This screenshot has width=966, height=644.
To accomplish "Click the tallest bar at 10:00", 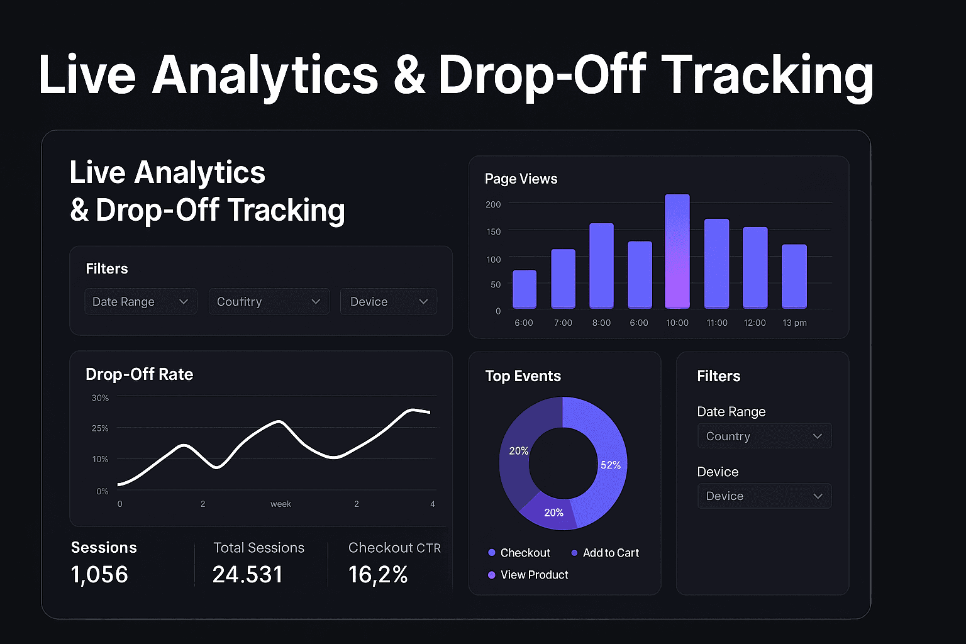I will (x=677, y=252).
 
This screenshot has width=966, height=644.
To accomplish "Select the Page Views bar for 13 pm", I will (x=794, y=277).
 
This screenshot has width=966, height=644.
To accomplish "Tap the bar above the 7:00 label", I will (x=563, y=279).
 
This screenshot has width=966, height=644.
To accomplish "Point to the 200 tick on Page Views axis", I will (x=493, y=204).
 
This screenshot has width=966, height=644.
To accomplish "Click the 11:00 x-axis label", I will (x=716, y=323).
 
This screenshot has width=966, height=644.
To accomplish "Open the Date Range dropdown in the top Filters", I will (x=140, y=302).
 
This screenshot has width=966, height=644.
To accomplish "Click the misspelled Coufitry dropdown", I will (x=269, y=302).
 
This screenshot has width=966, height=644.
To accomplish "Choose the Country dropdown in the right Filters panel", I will (x=764, y=436).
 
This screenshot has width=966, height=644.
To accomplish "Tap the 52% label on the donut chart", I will (x=610, y=465).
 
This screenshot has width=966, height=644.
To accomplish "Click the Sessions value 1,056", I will (x=99, y=574).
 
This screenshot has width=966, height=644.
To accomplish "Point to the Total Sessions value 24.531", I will (x=248, y=574).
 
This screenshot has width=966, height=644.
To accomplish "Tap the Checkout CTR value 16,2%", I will (x=378, y=574).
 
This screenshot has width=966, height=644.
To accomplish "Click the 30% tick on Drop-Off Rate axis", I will (x=100, y=398).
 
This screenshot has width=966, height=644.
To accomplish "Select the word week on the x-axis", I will (x=280, y=504).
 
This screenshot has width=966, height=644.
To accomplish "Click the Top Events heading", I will (x=523, y=376).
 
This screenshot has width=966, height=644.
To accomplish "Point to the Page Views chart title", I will (x=521, y=179).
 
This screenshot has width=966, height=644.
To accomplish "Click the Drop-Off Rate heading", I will (x=139, y=374).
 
